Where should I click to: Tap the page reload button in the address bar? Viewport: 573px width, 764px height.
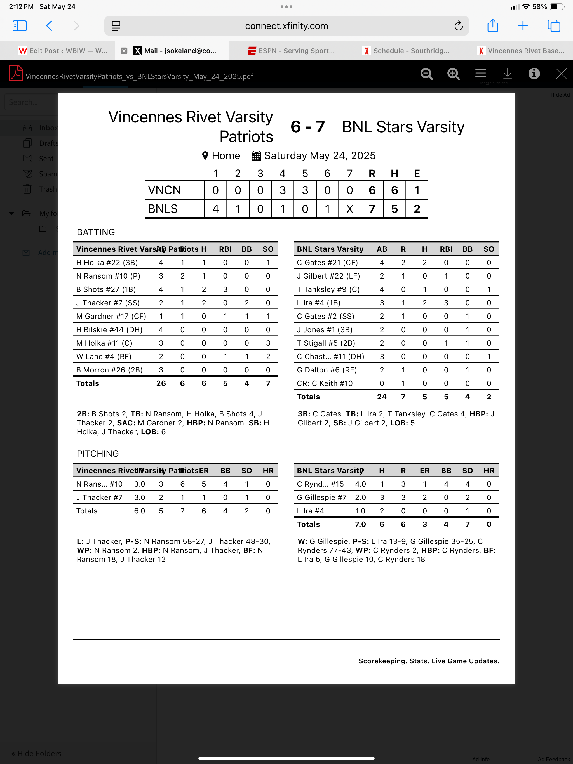(458, 26)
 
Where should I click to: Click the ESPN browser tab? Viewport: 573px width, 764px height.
(291, 51)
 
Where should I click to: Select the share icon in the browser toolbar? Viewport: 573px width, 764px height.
(492, 26)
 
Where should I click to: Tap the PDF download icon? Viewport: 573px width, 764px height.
(507, 74)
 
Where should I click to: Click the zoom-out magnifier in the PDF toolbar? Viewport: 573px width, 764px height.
(426, 74)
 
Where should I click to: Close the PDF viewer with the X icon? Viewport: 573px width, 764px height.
(561, 74)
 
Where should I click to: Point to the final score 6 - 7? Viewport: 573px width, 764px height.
(307, 127)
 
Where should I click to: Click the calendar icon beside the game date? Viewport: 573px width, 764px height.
(256, 156)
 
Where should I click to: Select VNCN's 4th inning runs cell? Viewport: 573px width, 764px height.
(282, 190)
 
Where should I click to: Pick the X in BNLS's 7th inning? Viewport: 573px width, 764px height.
(349, 209)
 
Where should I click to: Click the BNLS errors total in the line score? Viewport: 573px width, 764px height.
(417, 209)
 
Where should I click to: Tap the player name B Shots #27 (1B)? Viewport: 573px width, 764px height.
(106, 289)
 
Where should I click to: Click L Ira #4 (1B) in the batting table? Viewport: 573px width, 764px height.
(318, 303)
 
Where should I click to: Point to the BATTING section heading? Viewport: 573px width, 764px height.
(96, 232)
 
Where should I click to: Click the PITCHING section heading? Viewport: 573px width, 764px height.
(98, 454)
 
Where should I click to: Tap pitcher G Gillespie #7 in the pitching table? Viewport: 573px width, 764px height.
(321, 497)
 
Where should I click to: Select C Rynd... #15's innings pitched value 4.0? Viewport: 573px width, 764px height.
(360, 484)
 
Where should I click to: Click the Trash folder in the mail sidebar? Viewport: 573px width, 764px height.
(47, 189)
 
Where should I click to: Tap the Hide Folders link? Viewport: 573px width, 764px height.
(36, 753)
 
